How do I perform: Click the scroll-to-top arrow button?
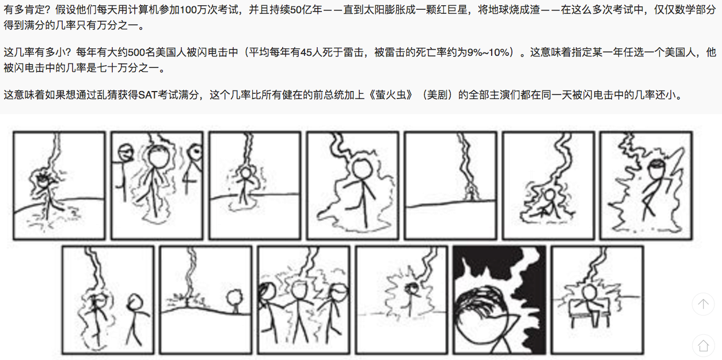coord(703,304)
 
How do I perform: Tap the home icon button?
coord(703,346)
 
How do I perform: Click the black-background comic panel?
coord(499,300)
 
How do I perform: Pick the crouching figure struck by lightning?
coord(546,203)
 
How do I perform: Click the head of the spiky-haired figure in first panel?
coord(43,181)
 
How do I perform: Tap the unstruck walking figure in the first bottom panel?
coord(136,319)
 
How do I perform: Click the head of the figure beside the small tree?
coord(234,297)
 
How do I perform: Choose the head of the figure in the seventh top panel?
coord(658,169)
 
